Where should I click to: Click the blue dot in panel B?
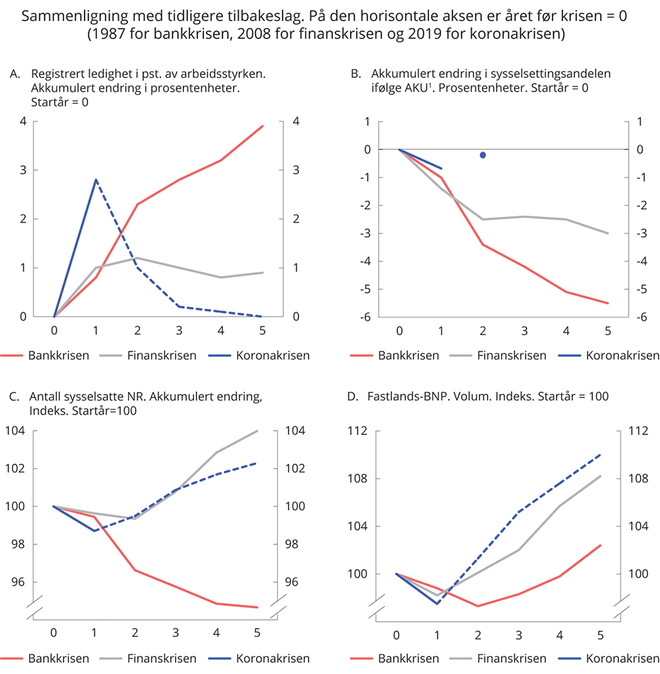coord(482,155)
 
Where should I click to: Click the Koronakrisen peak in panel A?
coord(96,180)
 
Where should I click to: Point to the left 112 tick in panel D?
coord(358,431)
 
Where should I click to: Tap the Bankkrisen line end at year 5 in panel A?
coord(263,126)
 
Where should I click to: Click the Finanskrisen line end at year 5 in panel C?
coord(257,430)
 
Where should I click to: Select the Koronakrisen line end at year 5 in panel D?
coord(601,454)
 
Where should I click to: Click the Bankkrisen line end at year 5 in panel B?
coord(608,303)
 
